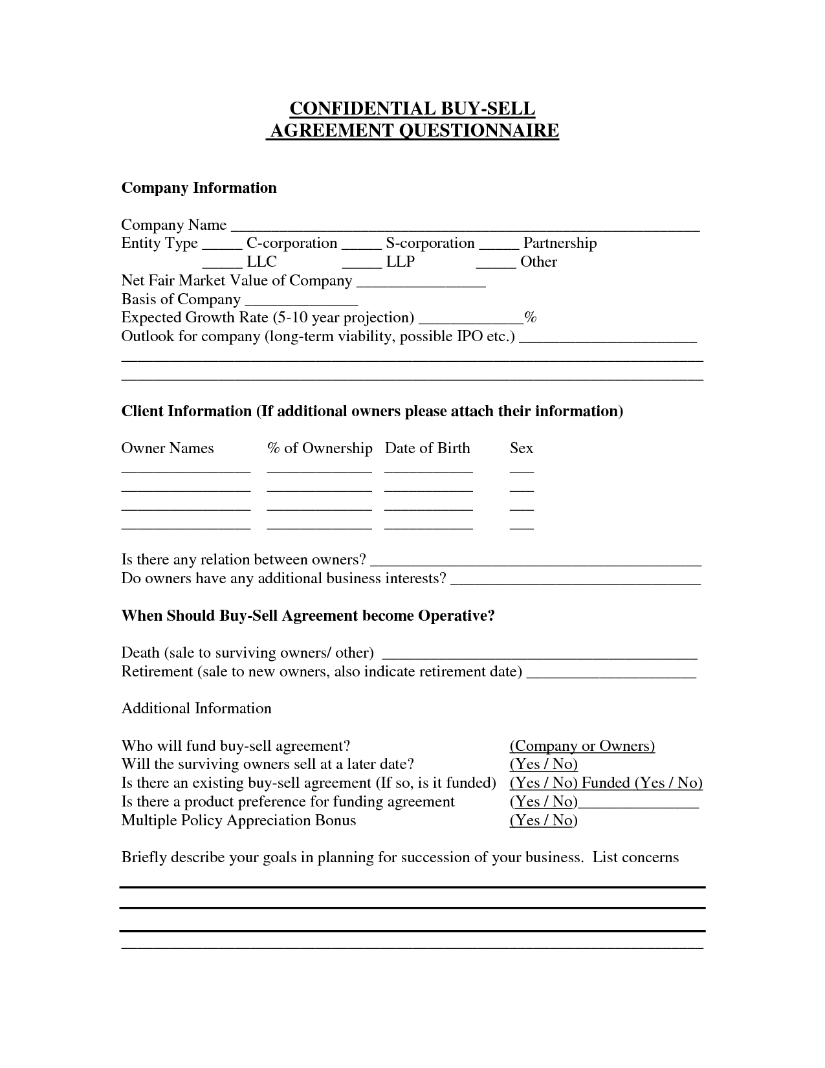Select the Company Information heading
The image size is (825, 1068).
coord(199,188)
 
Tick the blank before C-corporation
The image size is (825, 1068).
coord(222,247)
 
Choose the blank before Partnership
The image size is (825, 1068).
coord(499,247)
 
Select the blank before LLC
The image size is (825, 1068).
coord(222,265)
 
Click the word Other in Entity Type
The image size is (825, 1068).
coord(538,262)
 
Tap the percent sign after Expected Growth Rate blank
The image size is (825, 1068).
coord(531,318)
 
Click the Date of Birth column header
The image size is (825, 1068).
coord(427,449)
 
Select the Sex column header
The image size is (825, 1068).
coord(522,449)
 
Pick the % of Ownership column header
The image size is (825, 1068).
coord(320,449)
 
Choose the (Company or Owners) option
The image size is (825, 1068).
coord(582,746)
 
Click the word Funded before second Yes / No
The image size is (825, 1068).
coord(606,783)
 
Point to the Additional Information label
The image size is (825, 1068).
coord(197,709)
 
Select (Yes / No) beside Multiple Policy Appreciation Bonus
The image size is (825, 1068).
coord(544,821)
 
